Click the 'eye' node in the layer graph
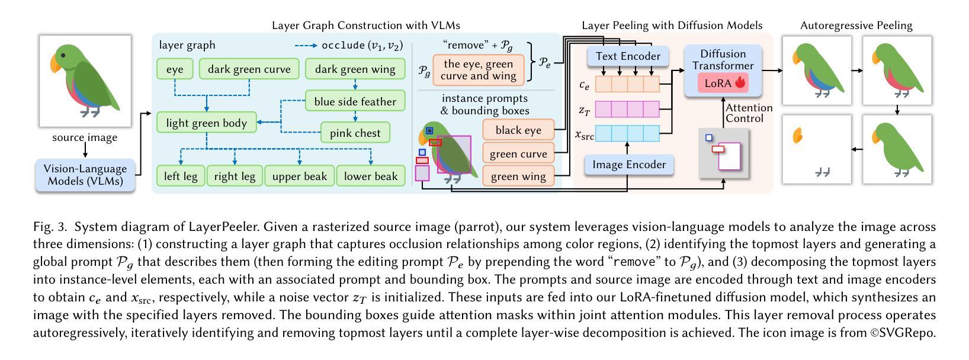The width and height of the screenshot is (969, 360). click(x=175, y=69)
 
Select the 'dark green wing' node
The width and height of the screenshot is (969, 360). click(x=355, y=69)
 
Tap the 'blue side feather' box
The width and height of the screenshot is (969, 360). click(x=355, y=101)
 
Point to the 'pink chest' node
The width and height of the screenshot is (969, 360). click(x=355, y=133)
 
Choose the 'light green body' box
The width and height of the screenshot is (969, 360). click(x=206, y=123)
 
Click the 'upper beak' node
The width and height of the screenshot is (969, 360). click(x=299, y=176)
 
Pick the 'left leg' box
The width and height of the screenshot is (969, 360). click(x=181, y=176)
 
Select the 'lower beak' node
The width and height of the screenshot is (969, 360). click(x=371, y=176)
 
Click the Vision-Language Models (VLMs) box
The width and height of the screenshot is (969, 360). click(x=85, y=175)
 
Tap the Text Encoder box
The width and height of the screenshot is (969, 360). click(x=628, y=56)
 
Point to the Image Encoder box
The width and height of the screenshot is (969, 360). click(x=628, y=165)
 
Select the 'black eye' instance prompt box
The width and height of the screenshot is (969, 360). click(x=518, y=130)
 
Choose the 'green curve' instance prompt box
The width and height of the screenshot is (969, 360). click(x=518, y=154)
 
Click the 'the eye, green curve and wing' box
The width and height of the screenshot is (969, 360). click(x=478, y=70)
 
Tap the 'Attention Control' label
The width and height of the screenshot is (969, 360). click(x=749, y=112)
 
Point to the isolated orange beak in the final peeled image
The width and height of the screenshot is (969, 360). click(x=798, y=136)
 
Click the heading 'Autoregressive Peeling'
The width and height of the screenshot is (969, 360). click(x=856, y=25)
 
